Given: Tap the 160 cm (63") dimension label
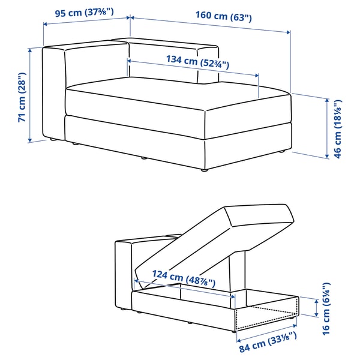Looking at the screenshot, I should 223,17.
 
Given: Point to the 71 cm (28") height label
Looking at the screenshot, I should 22,97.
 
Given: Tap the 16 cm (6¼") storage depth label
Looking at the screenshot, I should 326,307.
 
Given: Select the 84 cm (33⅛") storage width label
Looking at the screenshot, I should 266,343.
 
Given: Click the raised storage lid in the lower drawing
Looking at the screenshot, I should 216,240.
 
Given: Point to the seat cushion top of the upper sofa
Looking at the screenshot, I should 174,96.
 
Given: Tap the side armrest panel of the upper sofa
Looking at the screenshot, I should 53,93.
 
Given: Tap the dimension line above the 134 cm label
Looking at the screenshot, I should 193,68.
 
